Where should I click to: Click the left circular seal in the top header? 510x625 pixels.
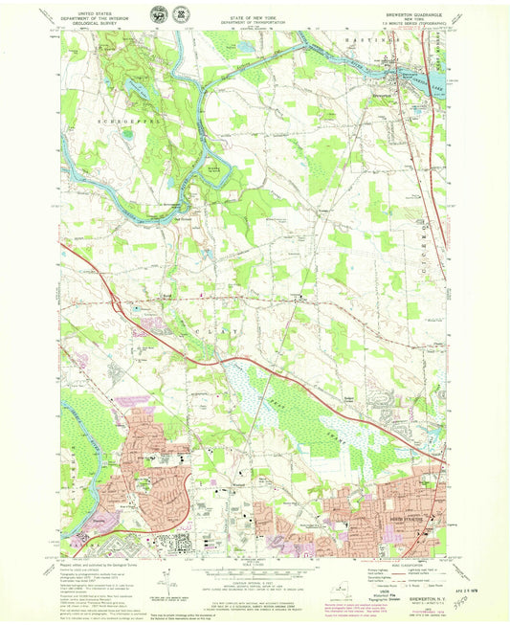158,13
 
